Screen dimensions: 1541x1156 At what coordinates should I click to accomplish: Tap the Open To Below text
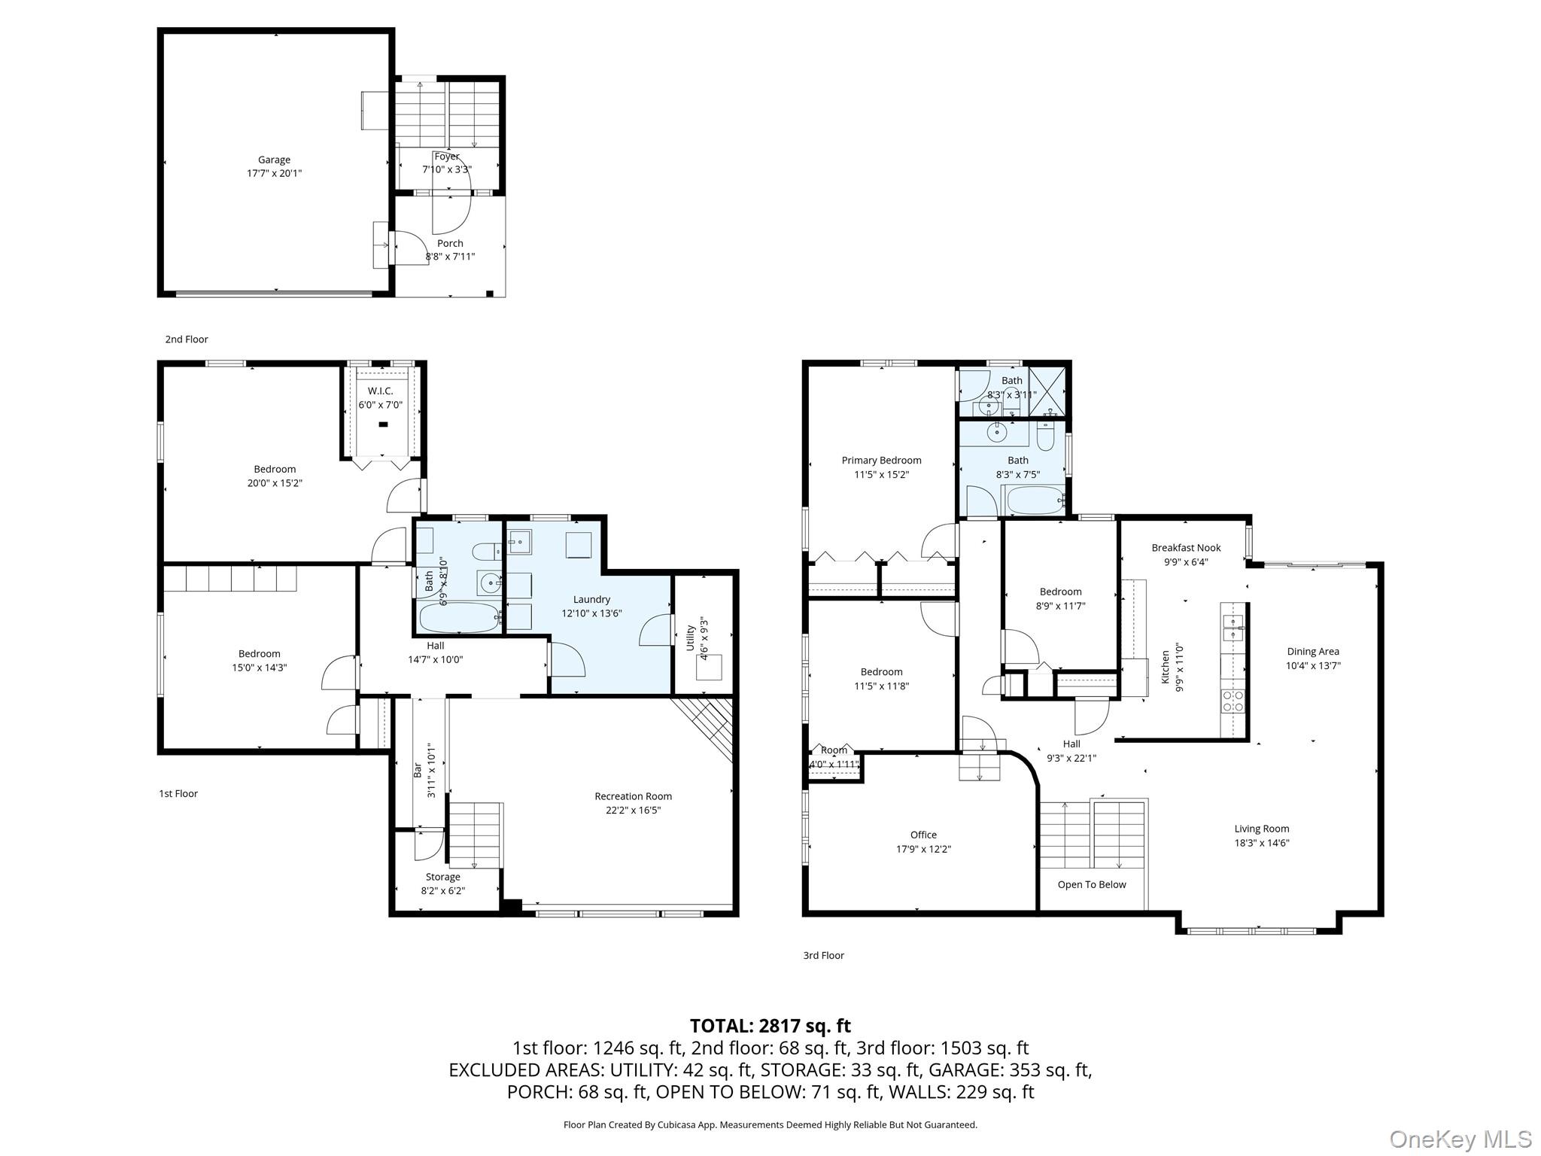[x=1092, y=884]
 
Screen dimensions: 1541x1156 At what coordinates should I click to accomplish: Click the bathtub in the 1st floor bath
[x=459, y=618]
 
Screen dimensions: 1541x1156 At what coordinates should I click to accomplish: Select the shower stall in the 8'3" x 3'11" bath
[x=1047, y=391]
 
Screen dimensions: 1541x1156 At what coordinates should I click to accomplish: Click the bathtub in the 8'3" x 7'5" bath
[x=1035, y=500]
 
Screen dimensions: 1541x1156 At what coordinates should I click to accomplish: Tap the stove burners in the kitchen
[x=1232, y=701]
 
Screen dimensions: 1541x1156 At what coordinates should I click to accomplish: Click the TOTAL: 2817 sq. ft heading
[x=770, y=1026]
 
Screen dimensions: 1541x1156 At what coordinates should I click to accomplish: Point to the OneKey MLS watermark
[x=1460, y=1139]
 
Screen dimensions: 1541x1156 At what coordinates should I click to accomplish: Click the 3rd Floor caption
[x=823, y=955]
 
